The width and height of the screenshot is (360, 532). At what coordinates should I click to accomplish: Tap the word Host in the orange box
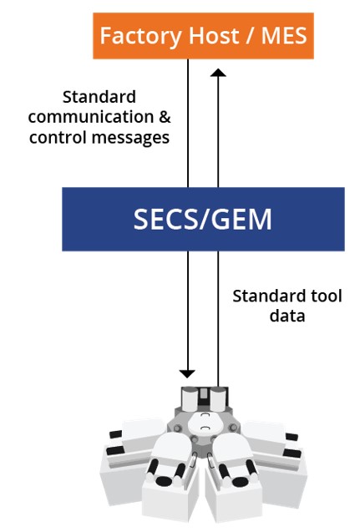click(214, 36)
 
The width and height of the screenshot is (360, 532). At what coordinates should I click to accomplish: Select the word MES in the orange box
click(284, 36)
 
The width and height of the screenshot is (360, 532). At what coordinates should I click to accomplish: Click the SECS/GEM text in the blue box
click(203, 219)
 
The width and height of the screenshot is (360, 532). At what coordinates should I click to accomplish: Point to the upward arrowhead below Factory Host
click(218, 73)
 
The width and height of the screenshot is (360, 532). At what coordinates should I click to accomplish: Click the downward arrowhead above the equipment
click(187, 374)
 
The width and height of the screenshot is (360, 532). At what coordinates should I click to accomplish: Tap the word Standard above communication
click(99, 97)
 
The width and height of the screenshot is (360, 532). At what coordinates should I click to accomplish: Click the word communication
click(91, 117)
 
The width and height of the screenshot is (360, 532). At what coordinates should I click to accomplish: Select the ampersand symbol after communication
click(165, 117)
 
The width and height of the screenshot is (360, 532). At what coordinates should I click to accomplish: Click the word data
click(287, 316)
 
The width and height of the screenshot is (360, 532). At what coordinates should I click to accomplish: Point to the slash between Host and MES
click(250, 36)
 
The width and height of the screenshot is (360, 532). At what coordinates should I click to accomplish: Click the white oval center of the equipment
click(204, 423)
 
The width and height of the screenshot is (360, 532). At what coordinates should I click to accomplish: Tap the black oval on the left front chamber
click(165, 480)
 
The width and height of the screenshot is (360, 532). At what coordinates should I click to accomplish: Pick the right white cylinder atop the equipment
click(218, 399)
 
